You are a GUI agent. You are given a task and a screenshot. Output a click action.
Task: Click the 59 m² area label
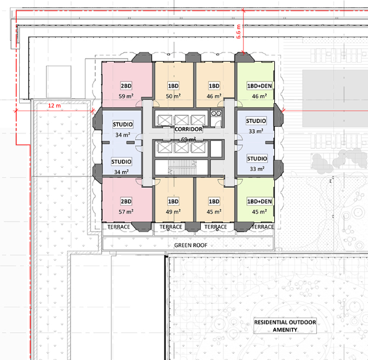click(126, 96)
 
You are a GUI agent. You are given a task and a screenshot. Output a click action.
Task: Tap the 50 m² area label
click(174, 96)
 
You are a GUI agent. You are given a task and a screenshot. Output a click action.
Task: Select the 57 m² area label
click(126, 212)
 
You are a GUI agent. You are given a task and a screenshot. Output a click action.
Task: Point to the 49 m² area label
click(174, 212)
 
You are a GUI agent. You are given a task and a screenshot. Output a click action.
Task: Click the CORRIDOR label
click(188, 129)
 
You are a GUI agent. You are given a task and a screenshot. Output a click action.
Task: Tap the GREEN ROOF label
click(191, 245)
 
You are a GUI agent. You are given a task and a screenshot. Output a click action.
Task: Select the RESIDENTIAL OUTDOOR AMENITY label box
click(285, 326)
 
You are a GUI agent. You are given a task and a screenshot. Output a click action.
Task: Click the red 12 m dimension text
click(54, 106)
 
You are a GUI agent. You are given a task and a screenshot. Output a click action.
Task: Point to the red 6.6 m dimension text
click(238, 31)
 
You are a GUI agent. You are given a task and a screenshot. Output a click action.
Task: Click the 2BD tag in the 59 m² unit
click(126, 86)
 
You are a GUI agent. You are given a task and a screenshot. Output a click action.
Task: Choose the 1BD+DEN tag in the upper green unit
click(259, 86)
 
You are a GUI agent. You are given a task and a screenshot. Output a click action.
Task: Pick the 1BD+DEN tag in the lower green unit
click(259, 201)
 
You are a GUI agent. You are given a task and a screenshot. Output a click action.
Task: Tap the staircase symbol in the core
click(182, 167)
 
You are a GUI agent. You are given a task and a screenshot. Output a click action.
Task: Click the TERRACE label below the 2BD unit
click(119, 227)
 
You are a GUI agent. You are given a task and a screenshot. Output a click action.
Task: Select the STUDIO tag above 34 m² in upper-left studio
click(123, 124)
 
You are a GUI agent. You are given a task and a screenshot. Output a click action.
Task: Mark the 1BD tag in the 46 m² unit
click(214, 86)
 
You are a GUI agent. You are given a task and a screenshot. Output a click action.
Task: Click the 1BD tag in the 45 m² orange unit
click(214, 201)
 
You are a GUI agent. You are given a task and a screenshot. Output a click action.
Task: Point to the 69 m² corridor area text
click(188, 140)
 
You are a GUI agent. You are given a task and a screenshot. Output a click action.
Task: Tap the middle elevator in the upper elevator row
click(182, 120)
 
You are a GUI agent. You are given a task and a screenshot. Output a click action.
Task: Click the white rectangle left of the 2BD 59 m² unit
click(59, 82)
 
